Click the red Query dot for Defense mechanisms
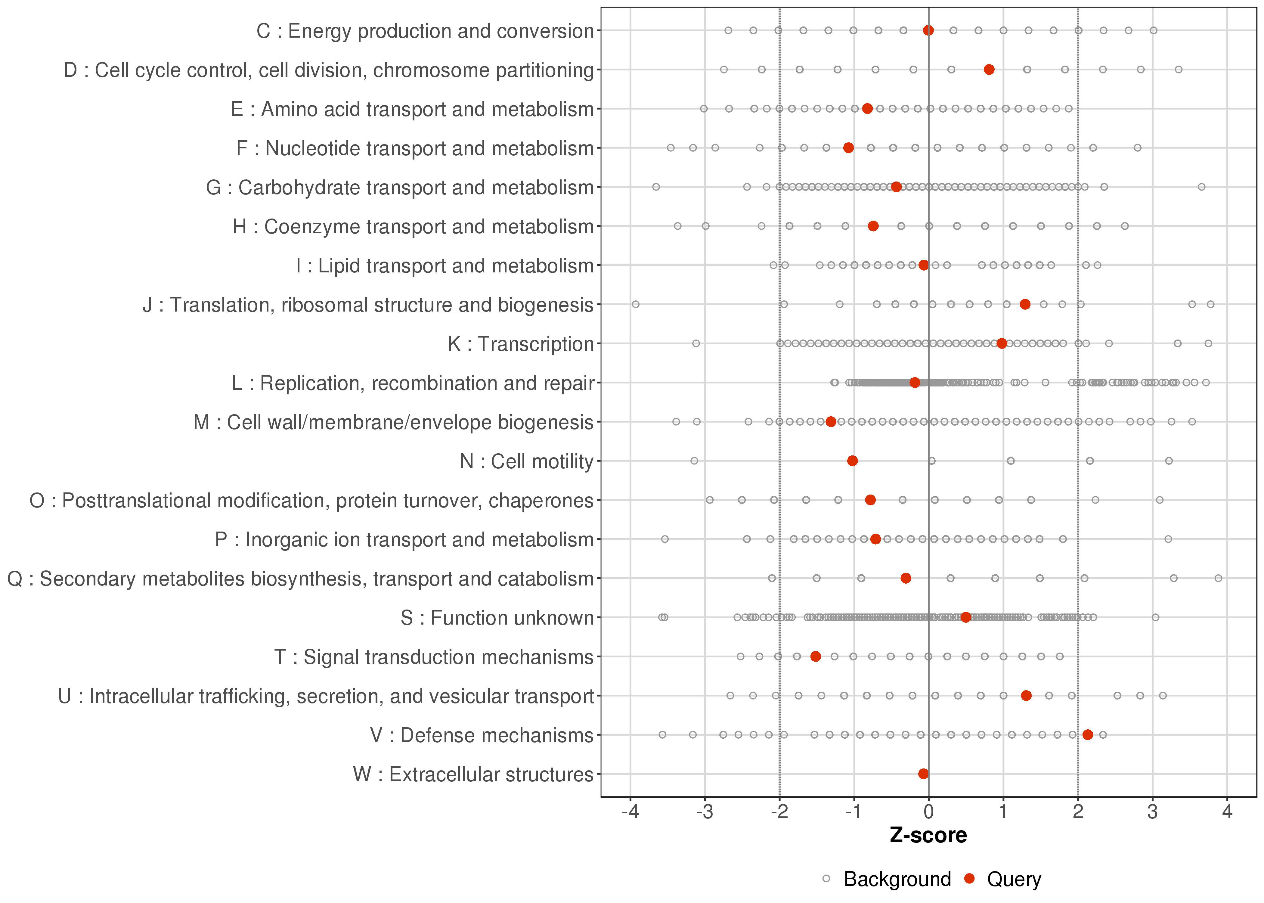coord(1088,734)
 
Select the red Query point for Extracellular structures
coord(923,774)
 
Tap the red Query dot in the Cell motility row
coord(852,461)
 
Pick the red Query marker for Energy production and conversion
coord(928,30)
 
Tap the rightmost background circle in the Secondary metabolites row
coord(1219,578)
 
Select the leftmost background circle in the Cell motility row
coord(694,461)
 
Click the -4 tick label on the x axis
coord(630,812)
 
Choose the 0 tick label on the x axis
coord(928,812)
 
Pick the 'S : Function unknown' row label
coord(497,618)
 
